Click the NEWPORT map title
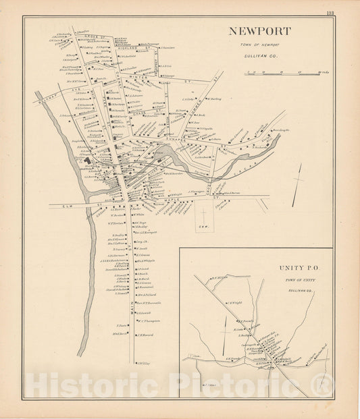pos(259,31)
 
